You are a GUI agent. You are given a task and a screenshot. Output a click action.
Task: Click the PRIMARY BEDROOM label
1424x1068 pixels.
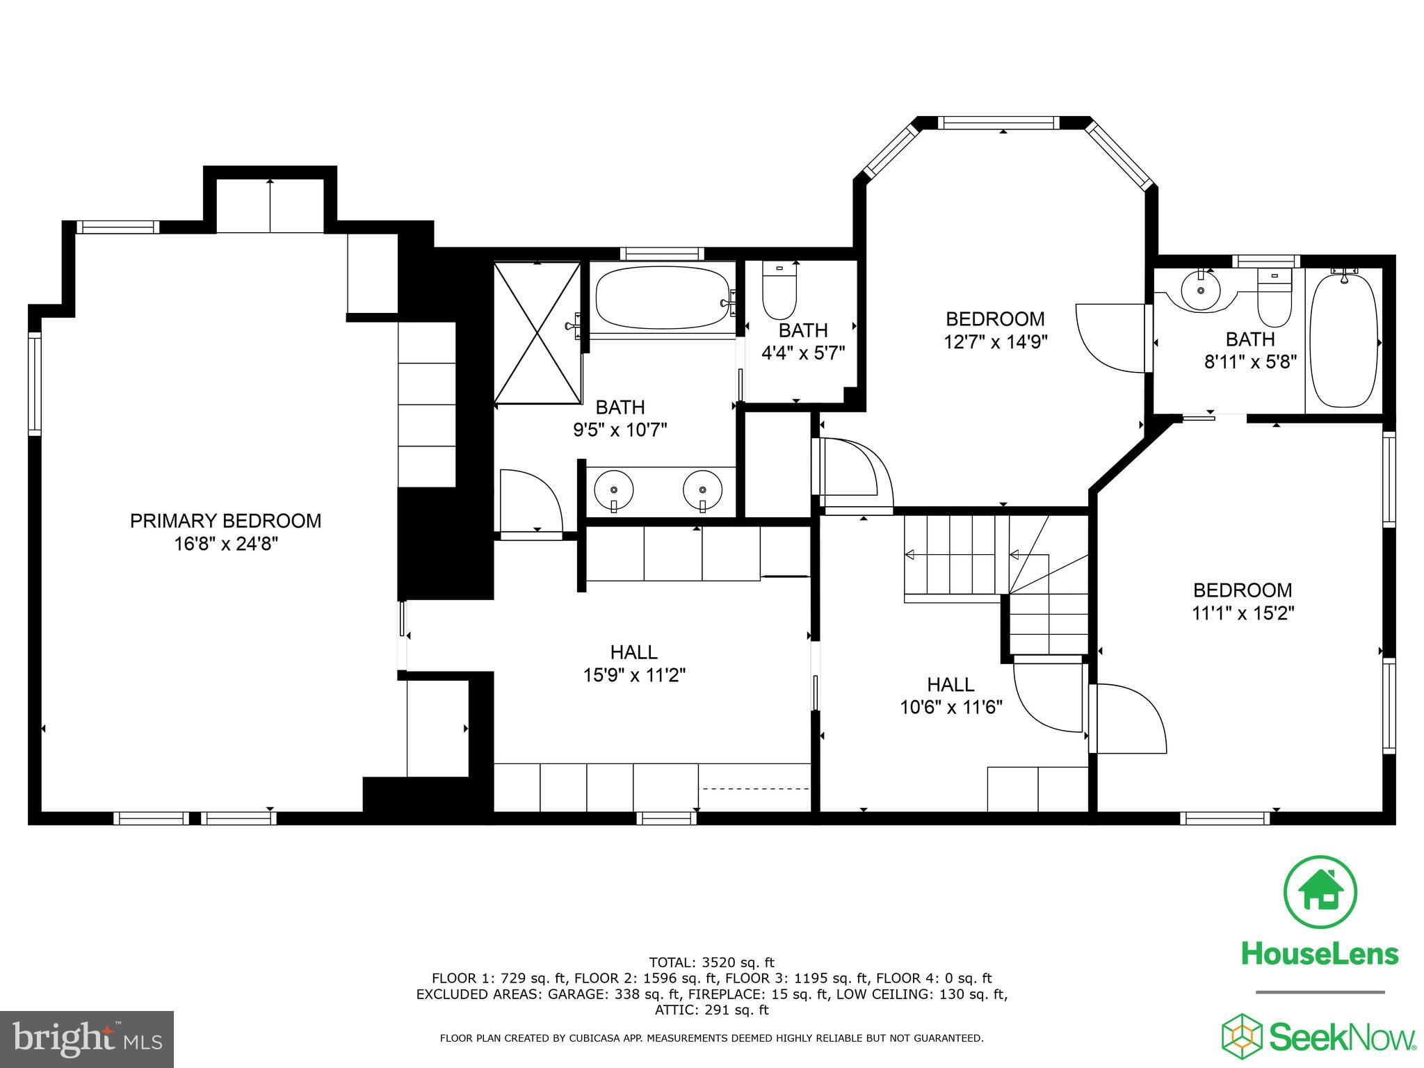(x=225, y=521)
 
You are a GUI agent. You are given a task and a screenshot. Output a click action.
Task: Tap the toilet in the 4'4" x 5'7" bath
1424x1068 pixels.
(x=779, y=292)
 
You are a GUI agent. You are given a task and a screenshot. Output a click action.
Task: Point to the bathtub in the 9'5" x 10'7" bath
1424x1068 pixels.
(x=663, y=298)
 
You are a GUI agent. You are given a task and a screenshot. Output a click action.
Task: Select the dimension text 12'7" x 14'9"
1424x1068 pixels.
(x=995, y=342)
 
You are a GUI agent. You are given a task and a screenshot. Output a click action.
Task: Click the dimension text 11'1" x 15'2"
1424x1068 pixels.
(x=1243, y=613)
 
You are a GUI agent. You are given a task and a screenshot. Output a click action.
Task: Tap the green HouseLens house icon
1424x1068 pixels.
(x=1320, y=892)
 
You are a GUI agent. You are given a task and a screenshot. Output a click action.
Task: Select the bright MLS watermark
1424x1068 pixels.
(x=87, y=1039)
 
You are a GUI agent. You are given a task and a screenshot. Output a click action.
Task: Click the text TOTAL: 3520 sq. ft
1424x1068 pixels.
(x=711, y=962)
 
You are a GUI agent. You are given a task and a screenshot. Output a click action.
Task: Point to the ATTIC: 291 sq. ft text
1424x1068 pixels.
(x=711, y=1010)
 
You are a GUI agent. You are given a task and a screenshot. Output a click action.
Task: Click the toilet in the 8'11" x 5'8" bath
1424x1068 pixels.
(x=1274, y=300)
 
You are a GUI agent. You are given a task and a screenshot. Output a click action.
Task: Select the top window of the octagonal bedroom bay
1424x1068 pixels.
(x=998, y=123)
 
